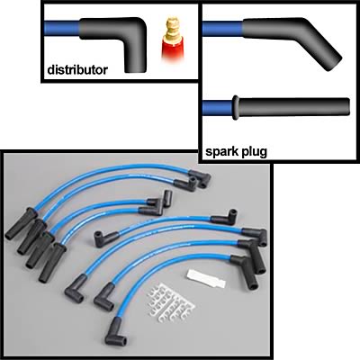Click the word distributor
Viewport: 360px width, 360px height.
point(77,70)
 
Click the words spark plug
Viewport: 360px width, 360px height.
point(236,152)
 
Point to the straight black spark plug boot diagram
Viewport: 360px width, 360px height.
point(291,107)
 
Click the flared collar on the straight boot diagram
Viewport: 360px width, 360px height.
point(236,107)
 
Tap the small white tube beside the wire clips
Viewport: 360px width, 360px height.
point(205,279)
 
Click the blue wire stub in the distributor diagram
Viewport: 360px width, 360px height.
point(62,28)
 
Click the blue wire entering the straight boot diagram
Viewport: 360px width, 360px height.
point(218,108)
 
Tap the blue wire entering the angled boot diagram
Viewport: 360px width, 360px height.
point(222,29)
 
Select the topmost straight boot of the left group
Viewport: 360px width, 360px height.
point(21,224)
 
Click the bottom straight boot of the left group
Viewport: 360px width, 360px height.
point(52,263)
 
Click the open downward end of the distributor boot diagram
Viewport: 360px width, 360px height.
point(135,69)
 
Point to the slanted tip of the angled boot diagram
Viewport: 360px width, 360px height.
point(334,63)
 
